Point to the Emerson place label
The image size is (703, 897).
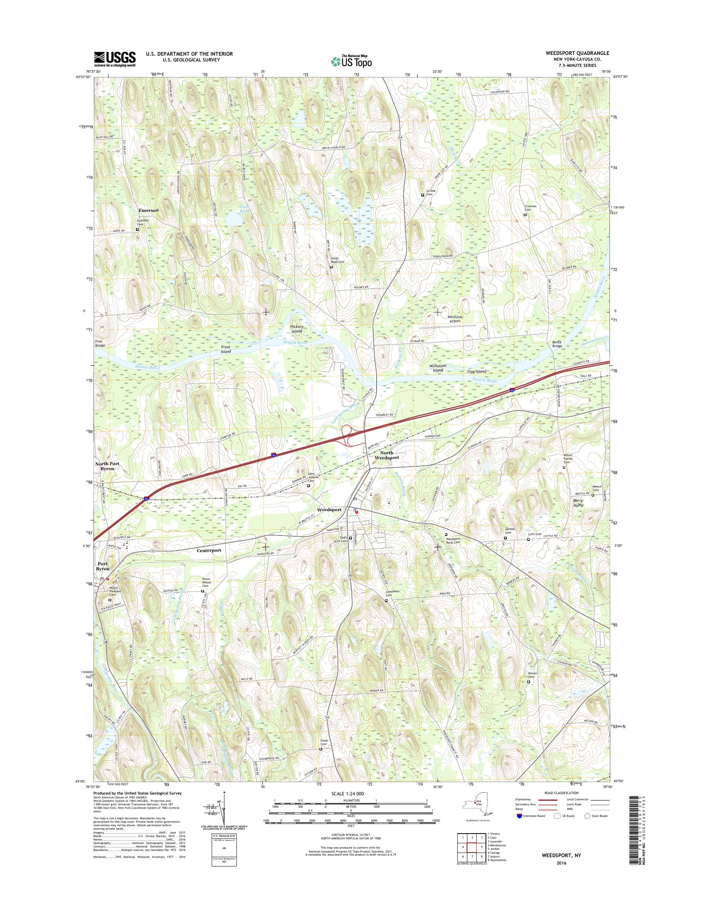coord(148,210)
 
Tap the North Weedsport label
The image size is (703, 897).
coord(381,455)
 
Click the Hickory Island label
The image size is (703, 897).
coord(296,328)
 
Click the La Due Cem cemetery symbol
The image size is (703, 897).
coord(423,195)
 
